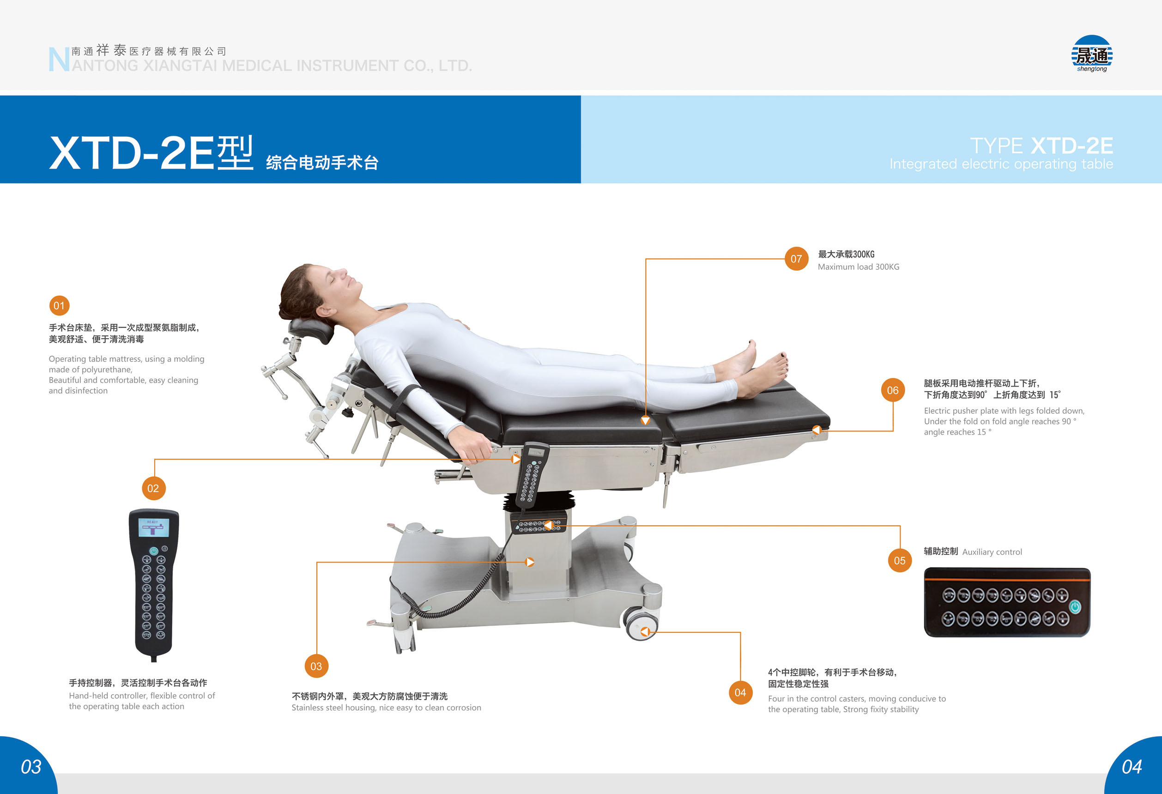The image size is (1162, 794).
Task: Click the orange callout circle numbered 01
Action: pos(59,305)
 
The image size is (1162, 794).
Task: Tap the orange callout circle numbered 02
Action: pos(153,488)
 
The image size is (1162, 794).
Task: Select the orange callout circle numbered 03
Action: pos(316,666)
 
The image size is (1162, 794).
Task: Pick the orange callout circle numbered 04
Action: pos(740,692)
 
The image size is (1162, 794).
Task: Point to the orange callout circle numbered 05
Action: pos(900,560)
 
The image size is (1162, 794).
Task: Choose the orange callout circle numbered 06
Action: pos(892,390)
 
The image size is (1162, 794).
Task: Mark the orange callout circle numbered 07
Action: pos(796,259)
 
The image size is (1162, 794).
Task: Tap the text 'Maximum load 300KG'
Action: pos(859,267)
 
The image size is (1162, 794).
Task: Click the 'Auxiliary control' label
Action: pos(992,552)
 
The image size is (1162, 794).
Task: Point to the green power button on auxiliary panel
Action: pos(1075,606)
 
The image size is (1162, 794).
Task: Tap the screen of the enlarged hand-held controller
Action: pos(154,527)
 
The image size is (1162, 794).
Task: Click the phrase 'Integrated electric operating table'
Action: pos(1001,164)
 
